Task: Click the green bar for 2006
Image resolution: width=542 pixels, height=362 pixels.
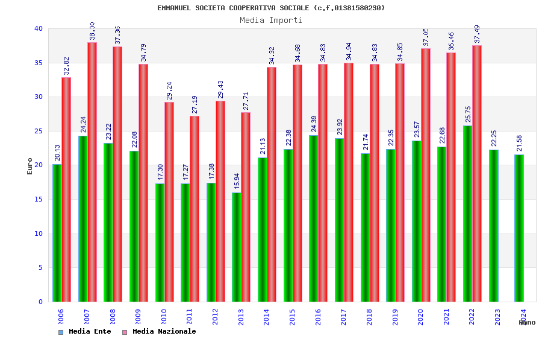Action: [57, 233]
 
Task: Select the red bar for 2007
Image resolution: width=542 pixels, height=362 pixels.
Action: [92, 172]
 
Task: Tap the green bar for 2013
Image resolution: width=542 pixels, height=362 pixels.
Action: [236, 247]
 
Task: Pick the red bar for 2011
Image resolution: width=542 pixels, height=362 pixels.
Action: [195, 209]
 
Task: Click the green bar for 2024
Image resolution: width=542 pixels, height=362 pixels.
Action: [519, 228]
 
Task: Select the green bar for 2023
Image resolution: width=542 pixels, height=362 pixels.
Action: [493, 226]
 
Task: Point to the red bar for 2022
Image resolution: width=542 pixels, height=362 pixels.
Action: [477, 173]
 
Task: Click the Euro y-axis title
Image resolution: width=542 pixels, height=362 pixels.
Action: [30, 166]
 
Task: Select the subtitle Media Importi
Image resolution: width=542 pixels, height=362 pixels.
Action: [271, 20]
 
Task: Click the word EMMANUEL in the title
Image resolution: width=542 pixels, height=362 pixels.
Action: [175, 8]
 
